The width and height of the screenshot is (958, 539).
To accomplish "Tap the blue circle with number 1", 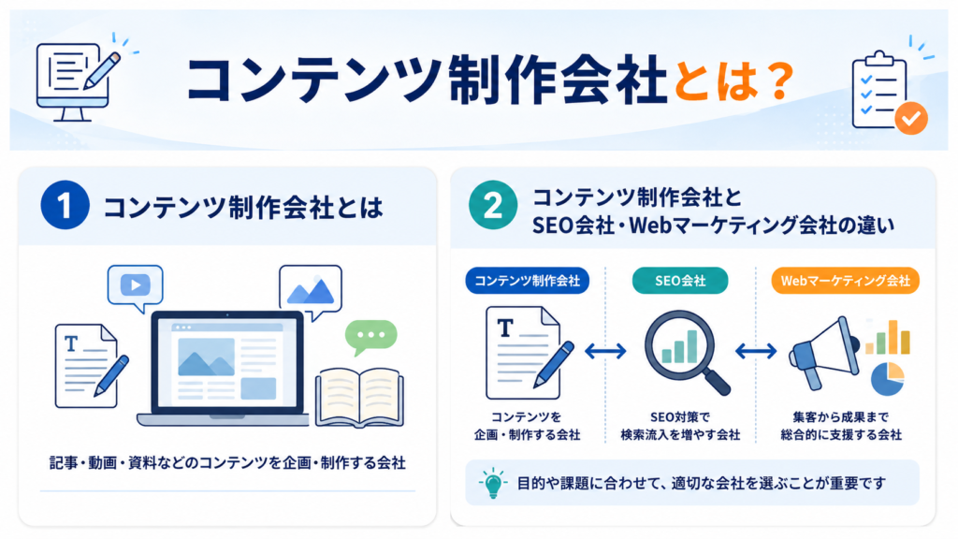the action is pos(65,205).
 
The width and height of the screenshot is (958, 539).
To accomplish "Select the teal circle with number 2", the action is pos(493,205).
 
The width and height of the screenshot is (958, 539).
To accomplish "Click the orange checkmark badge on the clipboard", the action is pos(911,118).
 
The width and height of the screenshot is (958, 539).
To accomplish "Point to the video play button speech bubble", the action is pos(135,287).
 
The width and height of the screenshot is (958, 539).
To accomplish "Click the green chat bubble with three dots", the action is pos(370,337).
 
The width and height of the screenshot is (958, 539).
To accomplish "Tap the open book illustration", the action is pos(359,397).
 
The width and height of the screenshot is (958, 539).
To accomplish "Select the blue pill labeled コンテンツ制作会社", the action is pos(528,281).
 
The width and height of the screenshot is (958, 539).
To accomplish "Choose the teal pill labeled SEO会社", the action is pos(680,281).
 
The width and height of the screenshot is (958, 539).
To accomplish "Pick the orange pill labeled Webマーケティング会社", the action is pos(846,281).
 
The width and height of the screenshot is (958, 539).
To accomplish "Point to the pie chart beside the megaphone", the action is pos(887,379).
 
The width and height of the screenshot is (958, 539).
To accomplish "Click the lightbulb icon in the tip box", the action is pos(493,484).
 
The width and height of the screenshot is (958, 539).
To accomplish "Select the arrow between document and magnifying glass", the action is pos(605,351).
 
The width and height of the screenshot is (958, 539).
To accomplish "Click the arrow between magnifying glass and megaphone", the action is pos(756,351).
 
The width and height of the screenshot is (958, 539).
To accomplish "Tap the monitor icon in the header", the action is pos(73,82).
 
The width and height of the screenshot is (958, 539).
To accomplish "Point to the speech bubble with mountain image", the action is pos(311,292).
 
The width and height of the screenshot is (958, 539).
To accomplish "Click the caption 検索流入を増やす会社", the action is pos(680,435).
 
